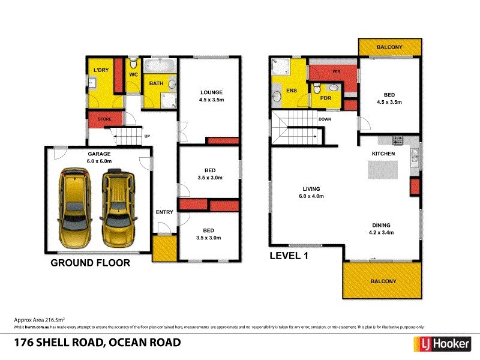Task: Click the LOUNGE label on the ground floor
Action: [x=211, y=92]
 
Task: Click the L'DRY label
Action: [x=100, y=71]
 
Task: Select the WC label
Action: [x=134, y=74]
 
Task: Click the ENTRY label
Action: [x=164, y=212]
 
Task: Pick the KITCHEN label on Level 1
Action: [x=383, y=154]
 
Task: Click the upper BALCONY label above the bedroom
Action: [x=389, y=47]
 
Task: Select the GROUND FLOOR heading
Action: [x=90, y=263]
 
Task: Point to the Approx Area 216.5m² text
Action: [x=39, y=320]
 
